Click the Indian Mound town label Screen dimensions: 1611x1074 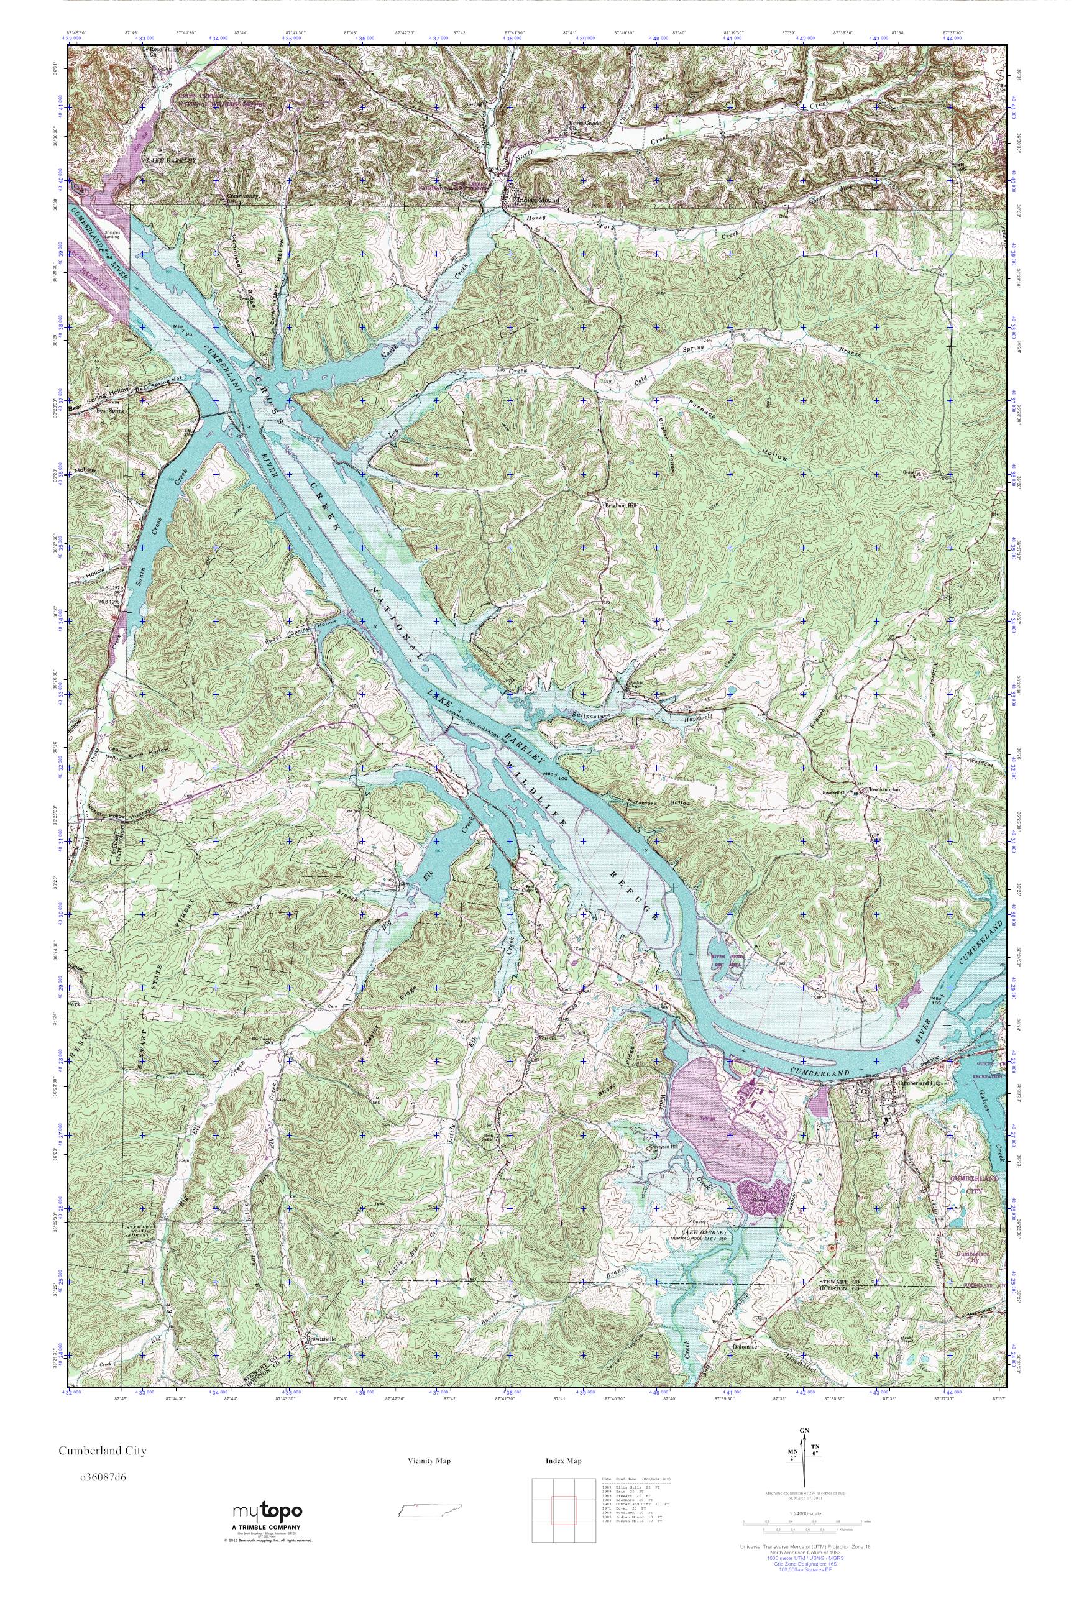coord(537,200)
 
